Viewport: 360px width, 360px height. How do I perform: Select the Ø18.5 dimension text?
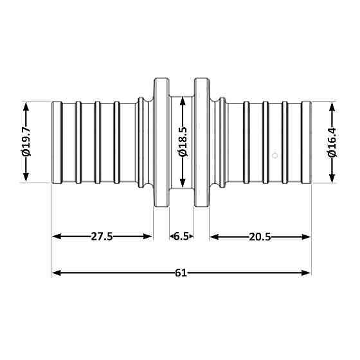coord(183,142)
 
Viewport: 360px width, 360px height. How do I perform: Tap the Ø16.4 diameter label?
coord(332,142)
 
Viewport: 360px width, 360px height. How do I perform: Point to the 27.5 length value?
coord(102,237)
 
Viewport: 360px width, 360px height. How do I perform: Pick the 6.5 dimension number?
coord(181,237)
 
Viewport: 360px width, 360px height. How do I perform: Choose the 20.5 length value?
coord(259,237)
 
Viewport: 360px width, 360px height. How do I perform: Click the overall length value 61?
coord(181,273)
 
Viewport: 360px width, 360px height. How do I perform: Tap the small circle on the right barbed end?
coord(274,155)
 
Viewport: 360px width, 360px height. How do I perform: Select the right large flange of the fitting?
coord(202,142)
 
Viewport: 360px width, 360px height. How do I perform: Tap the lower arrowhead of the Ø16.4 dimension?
coord(332,179)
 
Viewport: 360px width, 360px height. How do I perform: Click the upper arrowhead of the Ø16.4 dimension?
coord(332,105)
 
